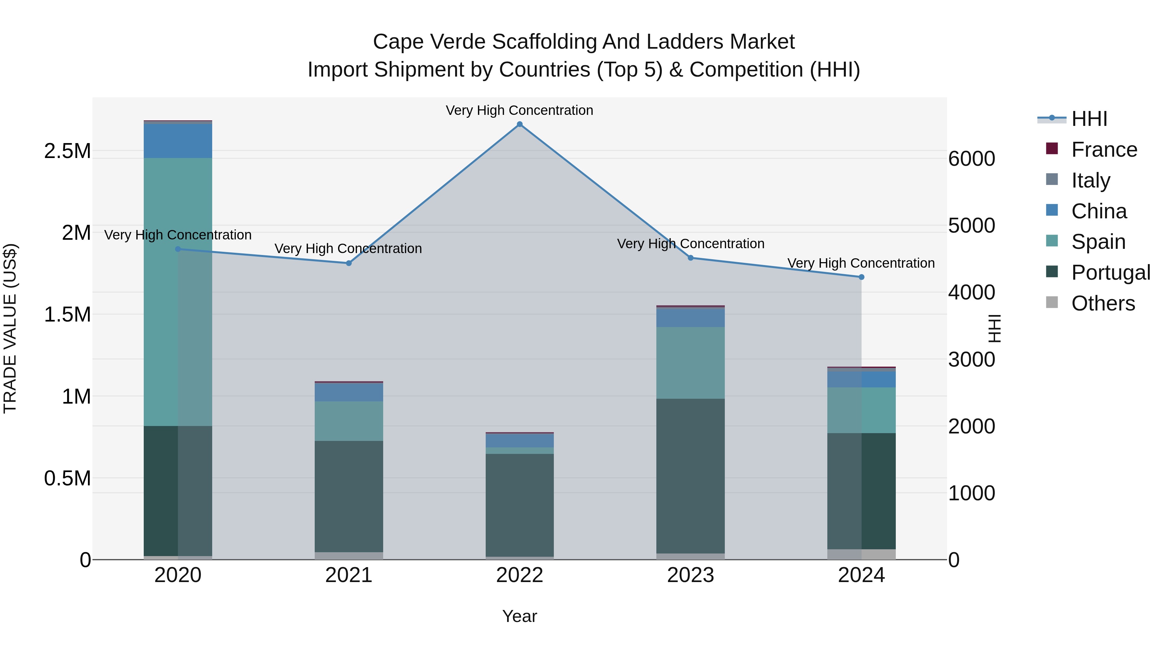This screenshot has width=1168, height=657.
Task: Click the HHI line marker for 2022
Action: pyautogui.click(x=520, y=124)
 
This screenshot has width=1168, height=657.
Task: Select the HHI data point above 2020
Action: pyautogui.click(x=178, y=249)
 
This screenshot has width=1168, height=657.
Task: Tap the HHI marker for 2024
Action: pyautogui.click(x=861, y=277)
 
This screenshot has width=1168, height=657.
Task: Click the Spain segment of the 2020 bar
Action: pyautogui.click(x=178, y=292)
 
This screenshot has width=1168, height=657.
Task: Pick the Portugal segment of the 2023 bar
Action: pyautogui.click(x=690, y=476)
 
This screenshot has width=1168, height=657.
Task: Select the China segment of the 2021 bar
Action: pyautogui.click(x=349, y=392)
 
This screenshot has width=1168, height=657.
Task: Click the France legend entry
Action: pyautogui.click(x=1104, y=150)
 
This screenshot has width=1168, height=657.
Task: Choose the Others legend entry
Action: pyautogui.click(x=1103, y=303)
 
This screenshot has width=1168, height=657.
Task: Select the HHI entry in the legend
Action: pyautogui.click(x=1089, y=119)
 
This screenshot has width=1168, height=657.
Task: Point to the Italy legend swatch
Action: pyautogui.click(x=1052, y=179)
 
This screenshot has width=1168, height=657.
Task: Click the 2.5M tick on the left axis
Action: pyautogui.click(x=67, y=151)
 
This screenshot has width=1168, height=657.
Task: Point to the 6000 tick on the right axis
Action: pyautogui.click(x=972, y=159)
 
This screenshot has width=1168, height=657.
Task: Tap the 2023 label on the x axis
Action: pyautogui.click(x=690, y=575)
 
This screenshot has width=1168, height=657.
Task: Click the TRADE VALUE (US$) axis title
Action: pyautogui.click(x=10, y=328)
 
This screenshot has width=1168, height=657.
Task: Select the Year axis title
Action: pyautogui.click(x=520, y=616)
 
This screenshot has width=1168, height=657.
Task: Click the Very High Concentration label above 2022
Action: pyautogui.click(x=520, y=110)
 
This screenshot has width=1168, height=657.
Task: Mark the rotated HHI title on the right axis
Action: pyautogui.click(x=994, y=328)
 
